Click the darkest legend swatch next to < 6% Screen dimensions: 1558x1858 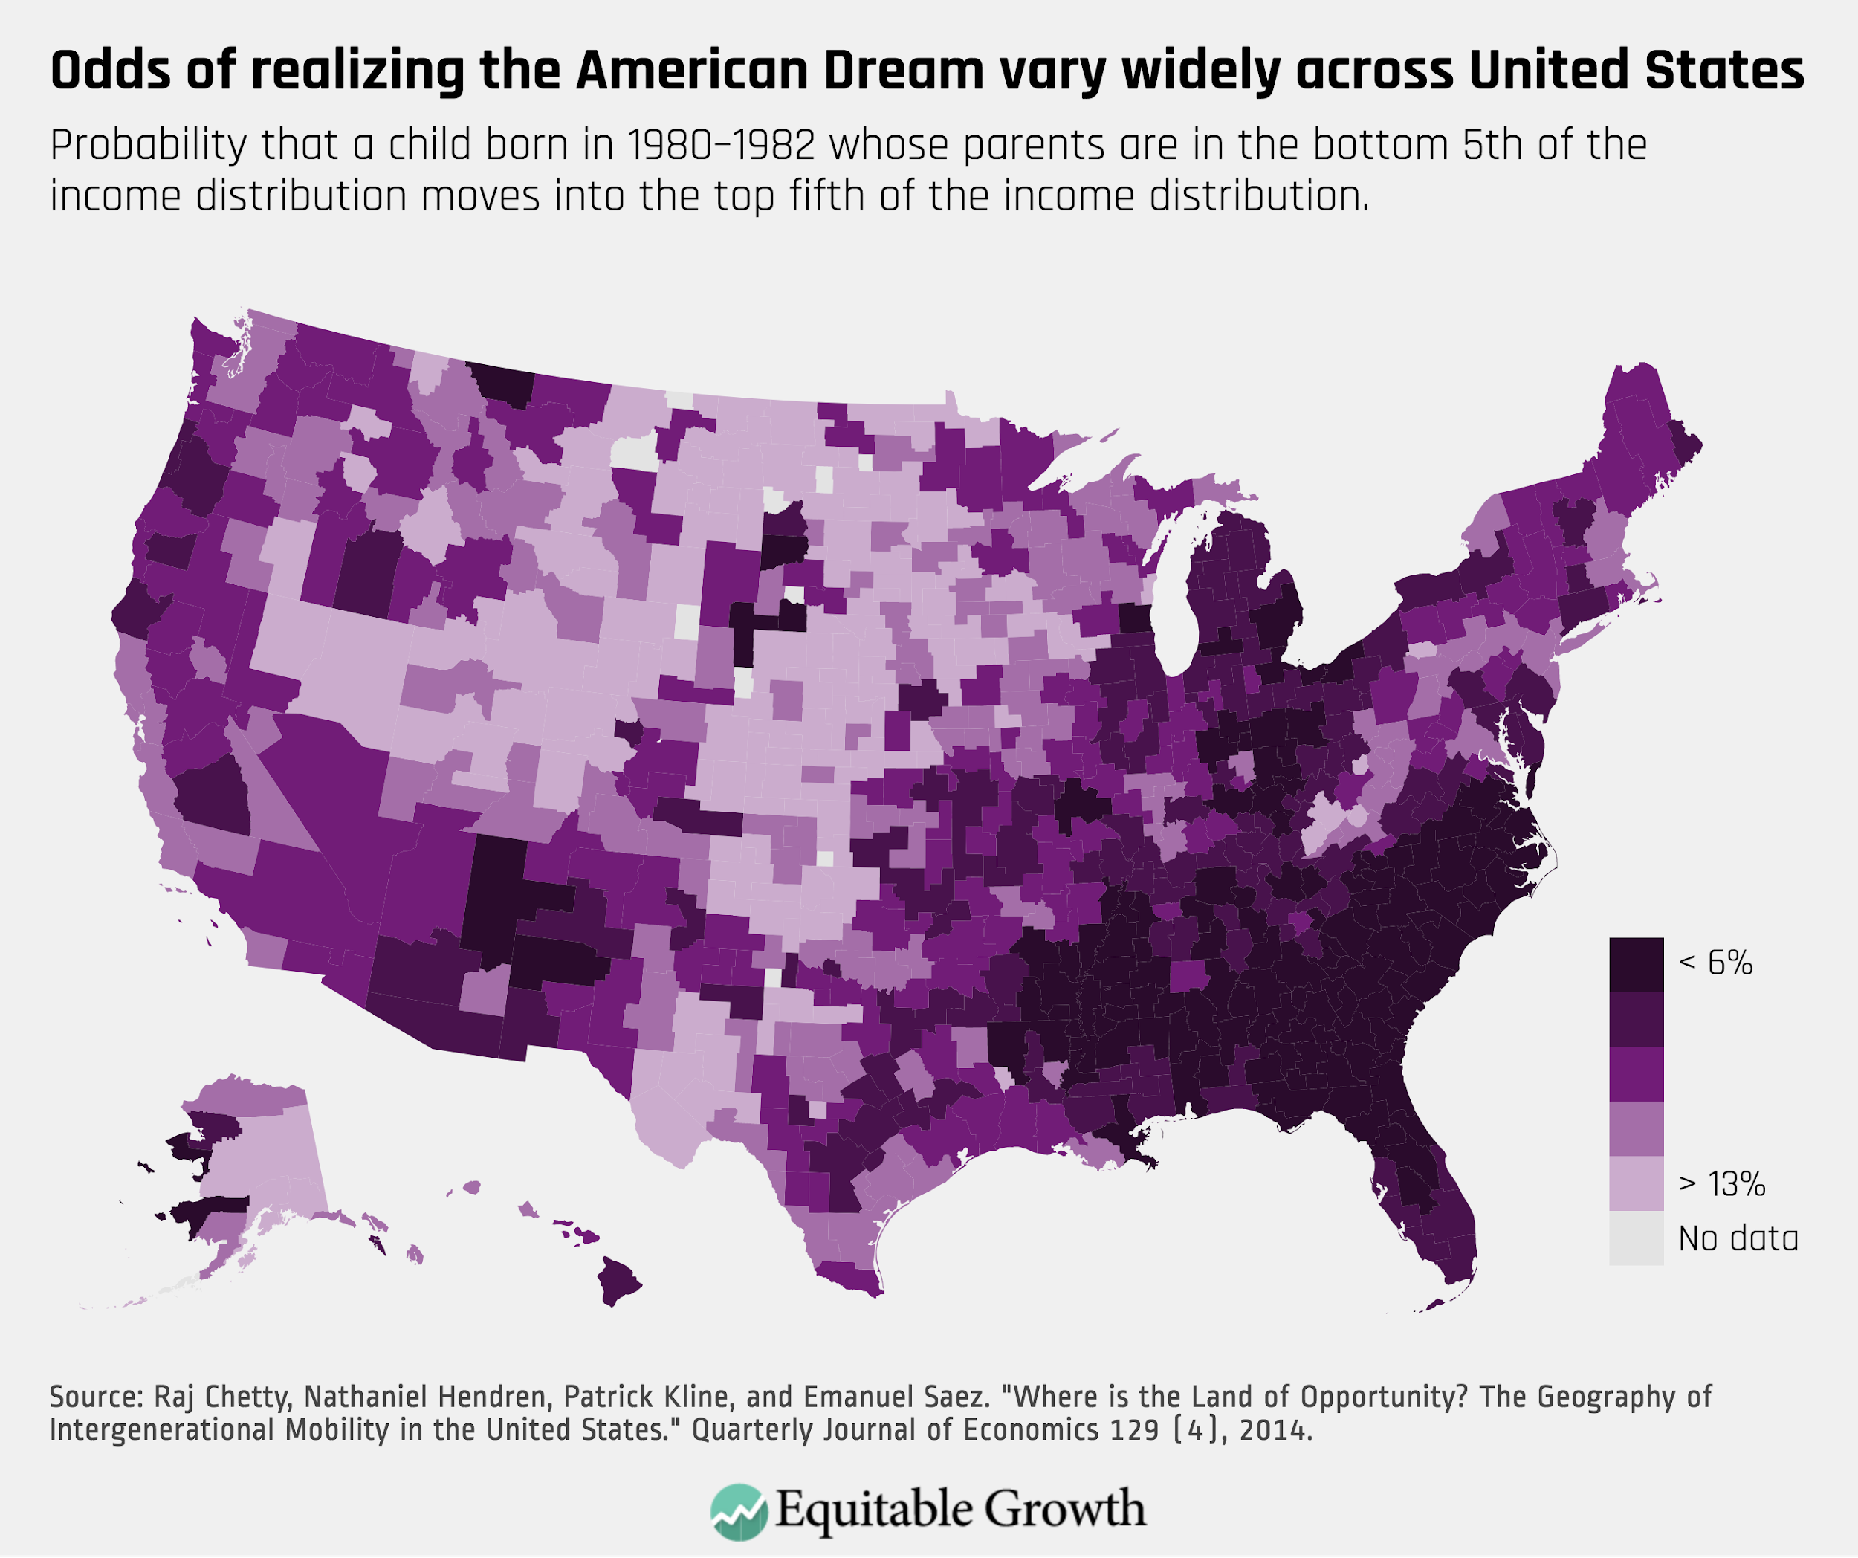pos(1636,964)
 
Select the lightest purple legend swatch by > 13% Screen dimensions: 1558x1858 pos(1636,1184)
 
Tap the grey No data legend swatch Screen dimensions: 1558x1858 pos(1636,1238)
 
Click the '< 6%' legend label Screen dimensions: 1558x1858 pos(1715,963)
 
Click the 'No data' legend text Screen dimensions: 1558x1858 pos(1738,1238)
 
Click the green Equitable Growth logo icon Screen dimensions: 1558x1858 pos(739,1511)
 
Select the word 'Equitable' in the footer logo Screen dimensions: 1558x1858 pos(876,1510)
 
